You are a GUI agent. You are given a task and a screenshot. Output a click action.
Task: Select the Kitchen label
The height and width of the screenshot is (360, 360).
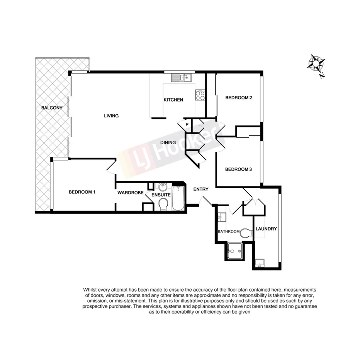[x=173, y=100]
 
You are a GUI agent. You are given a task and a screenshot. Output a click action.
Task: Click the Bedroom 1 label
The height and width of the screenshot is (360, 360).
[x=82, y=192]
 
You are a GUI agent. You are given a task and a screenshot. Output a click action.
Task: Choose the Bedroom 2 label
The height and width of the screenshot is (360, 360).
[x=239, y=98]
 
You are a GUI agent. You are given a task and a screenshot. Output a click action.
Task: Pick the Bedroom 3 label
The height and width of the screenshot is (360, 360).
[x=238, y=169]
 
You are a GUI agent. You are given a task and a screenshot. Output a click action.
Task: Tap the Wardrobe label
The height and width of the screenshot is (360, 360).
[x=131, y=192]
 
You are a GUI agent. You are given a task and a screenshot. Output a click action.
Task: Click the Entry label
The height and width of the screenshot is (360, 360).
[x=201, y=189]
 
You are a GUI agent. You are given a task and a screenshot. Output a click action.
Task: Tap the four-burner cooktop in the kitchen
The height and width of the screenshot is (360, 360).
[x=200, y=95]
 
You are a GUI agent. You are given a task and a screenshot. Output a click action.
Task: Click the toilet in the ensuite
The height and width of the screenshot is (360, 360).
[x=163, y=205]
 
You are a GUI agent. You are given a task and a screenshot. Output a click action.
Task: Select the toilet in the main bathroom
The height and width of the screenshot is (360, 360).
[x=246, y=233]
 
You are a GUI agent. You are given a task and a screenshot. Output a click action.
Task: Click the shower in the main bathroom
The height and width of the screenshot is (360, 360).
[x=234, y=251]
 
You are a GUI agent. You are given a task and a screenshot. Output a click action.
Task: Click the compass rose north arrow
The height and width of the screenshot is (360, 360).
[x=317, y=64]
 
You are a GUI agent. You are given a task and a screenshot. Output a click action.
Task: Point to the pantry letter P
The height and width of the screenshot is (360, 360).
[x=187, y=124]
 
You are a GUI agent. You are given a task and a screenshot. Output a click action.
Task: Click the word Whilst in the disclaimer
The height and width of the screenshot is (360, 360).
[x=91, y=290]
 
